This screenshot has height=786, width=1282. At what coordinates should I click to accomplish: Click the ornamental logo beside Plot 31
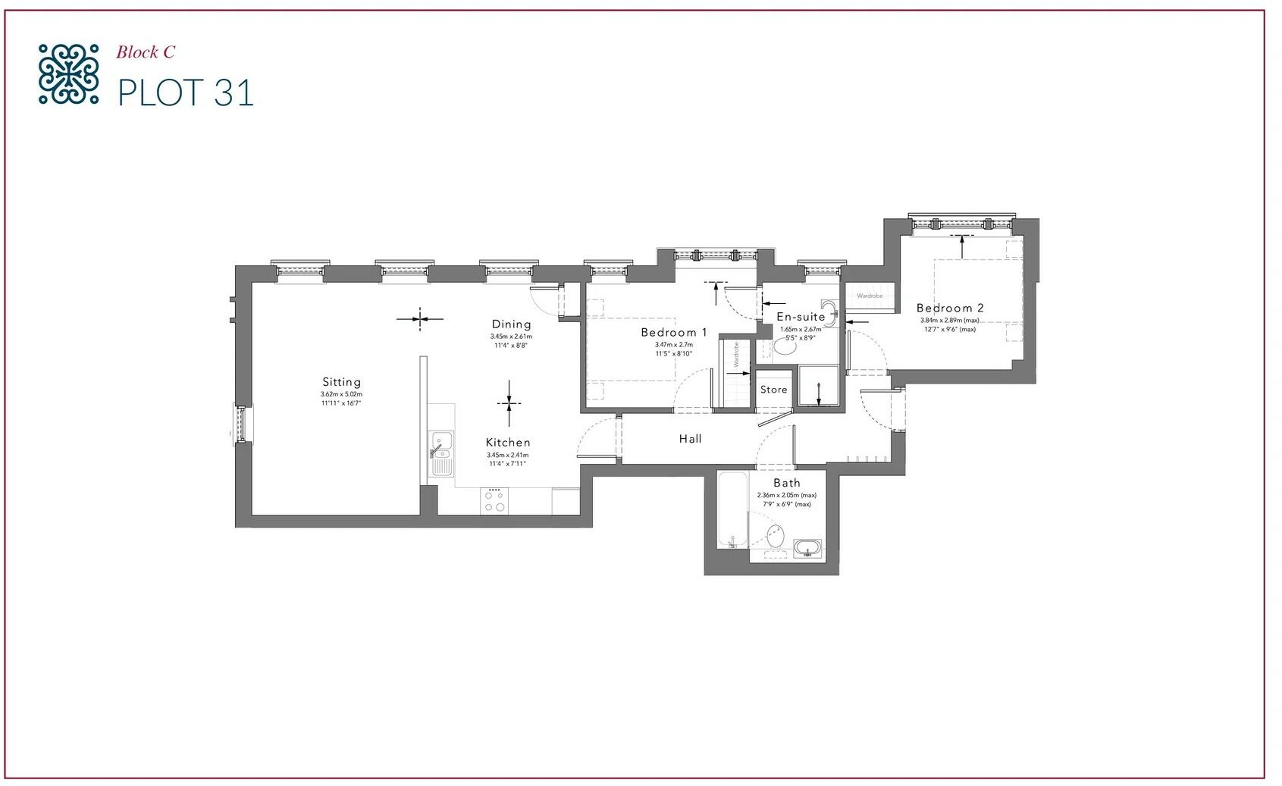coord(68,74)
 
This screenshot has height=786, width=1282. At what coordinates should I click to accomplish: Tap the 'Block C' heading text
coord(146,52)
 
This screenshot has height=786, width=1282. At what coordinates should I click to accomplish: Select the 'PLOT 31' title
coord(185,92)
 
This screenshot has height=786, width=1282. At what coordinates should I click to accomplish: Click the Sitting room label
coord(341,382)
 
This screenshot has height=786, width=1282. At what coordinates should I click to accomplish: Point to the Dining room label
coord(511,324)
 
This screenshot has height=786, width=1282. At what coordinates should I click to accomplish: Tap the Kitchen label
coord(508,443)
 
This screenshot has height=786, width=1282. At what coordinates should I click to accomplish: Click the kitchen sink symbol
coord(440,453)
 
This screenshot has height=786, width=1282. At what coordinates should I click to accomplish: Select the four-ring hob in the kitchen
coord(495,502)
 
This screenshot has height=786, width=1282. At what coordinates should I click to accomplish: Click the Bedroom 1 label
coord(674,332)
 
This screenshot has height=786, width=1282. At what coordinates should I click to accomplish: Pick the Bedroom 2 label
coord(950,308)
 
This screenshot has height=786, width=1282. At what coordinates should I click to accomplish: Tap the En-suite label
coord(801,317)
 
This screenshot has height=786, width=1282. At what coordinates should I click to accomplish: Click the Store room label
coord(773,390)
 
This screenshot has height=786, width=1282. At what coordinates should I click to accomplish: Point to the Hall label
coord(690,439)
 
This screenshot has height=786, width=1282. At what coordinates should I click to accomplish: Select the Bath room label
coord(786,483)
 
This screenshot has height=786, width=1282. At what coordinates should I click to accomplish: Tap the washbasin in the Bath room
coord(807,547)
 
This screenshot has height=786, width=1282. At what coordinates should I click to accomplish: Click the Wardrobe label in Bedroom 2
coord(870,296)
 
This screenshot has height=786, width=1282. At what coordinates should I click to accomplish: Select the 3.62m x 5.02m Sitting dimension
coord(341,394)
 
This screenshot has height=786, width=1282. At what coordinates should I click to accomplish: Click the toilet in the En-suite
coord(785,348)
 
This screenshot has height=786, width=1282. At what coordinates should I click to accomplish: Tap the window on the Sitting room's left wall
coord(241,424)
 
